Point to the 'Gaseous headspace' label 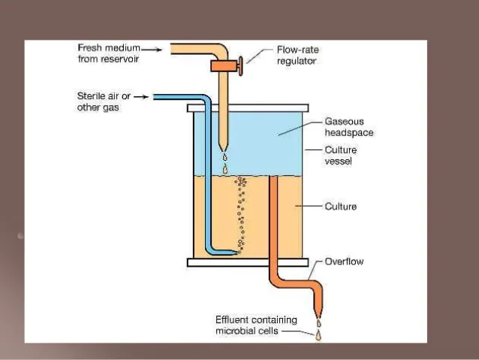click(x=348, y=126)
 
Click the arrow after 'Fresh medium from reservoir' click(x=152, y=49)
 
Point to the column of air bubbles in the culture click(x=242, y=214)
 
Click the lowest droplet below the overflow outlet click(x=318, y=336)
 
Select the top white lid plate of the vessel click(x=247, y=108)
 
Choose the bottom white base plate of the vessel click(x=247, y=262)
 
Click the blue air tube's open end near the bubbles click(x=236, y=253)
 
